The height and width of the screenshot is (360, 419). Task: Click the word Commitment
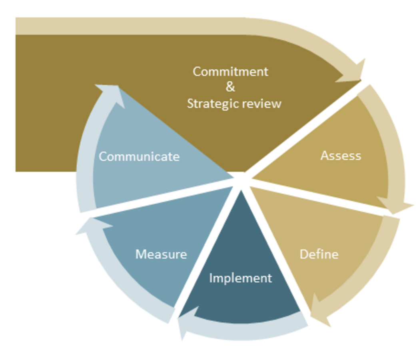[x=230, y=72]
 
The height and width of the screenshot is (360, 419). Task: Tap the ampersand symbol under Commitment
[x=230, y=88]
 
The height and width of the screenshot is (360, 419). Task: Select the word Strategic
[x=210, y=104]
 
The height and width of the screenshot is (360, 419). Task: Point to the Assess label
[x=341, y=156]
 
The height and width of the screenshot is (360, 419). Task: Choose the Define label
[x=319, y=254]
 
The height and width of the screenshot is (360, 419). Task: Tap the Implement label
[x=240, y=278]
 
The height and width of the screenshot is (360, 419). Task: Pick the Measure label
[x=161, y=254]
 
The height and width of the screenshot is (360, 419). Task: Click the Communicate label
[x=139, y=156]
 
